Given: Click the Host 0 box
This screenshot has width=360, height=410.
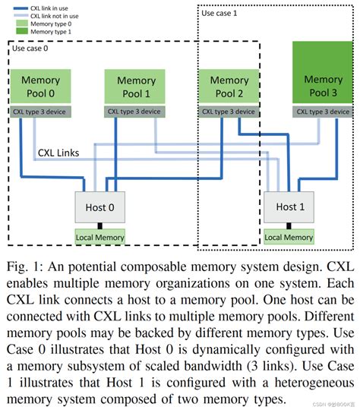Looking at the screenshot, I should click(x=99, y=206).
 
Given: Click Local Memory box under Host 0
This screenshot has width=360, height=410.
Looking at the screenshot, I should click(x=99, y=238).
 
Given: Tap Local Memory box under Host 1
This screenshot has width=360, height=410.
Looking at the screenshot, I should click(x=289, y=238).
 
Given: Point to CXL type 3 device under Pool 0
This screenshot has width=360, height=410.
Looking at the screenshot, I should click(x=40, y=111).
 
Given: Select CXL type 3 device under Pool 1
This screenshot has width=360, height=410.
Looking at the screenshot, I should click(x=135, y=111).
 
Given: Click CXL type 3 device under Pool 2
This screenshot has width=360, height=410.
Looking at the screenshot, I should click(x=229, y=111).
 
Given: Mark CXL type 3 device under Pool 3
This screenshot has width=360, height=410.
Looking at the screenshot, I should click(x=323, y=111).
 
